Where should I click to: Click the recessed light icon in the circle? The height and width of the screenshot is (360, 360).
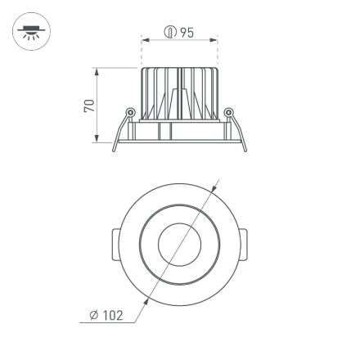point(31,34)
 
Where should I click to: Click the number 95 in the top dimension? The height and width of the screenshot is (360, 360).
point(187,33)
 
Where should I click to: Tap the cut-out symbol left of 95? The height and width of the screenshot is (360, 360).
point(170,33)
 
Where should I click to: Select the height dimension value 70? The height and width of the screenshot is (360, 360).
point(89,106)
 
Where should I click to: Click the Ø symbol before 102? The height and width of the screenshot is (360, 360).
point(94,315)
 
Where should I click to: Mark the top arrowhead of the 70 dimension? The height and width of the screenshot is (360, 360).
point(97,71)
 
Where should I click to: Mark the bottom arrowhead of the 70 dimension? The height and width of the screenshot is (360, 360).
point(97,140)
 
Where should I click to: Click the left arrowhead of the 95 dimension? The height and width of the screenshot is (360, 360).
point(145,39)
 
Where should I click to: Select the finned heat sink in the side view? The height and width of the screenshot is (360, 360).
point(179,94)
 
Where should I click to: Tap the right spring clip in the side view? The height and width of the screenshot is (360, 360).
point(235,131)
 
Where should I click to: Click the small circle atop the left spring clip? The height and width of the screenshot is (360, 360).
point(129,112)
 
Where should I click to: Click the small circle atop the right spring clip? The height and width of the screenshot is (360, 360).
point(228,112)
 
